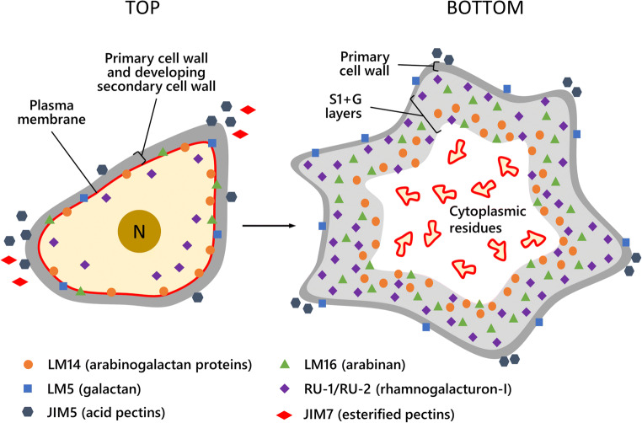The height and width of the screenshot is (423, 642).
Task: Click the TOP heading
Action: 139,13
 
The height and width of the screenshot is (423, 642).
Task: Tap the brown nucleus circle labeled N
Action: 140,232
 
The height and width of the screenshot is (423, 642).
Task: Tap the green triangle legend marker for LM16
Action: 284,364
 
